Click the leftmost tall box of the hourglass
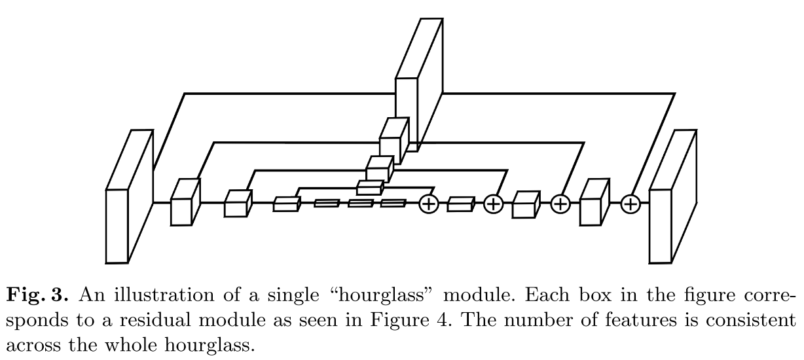[118, 226]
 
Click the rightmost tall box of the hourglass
[661, 226]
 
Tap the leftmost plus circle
[428, 204]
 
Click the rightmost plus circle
[630, 204]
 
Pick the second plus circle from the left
[493, 204]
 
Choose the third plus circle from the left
[560, 204]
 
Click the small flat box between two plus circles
[460, 206]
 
